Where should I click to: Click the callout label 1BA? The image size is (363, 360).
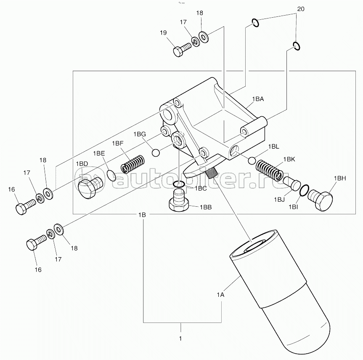click(258, 99)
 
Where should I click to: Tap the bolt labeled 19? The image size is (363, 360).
click(182, 49)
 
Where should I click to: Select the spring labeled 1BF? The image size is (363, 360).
click(133, 164)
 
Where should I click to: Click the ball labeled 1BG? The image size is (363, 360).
click(156, 153)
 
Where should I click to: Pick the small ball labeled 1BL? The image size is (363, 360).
click(252, 160)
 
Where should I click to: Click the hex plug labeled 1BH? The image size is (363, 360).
click(321, 200)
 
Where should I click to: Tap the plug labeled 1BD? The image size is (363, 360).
click(90, 187)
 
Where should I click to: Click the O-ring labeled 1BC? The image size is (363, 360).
click(179, 184)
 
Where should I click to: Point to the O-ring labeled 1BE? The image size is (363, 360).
click(111, 175)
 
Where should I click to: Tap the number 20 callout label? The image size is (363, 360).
click(301, 9)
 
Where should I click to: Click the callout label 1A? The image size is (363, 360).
click(221, 295)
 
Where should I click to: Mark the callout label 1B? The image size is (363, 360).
click(142, 215)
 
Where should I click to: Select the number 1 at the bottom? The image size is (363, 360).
click(180, 339)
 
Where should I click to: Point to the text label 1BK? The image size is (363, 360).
click(289, 159)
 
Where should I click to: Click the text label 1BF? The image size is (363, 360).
click(118, 144)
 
